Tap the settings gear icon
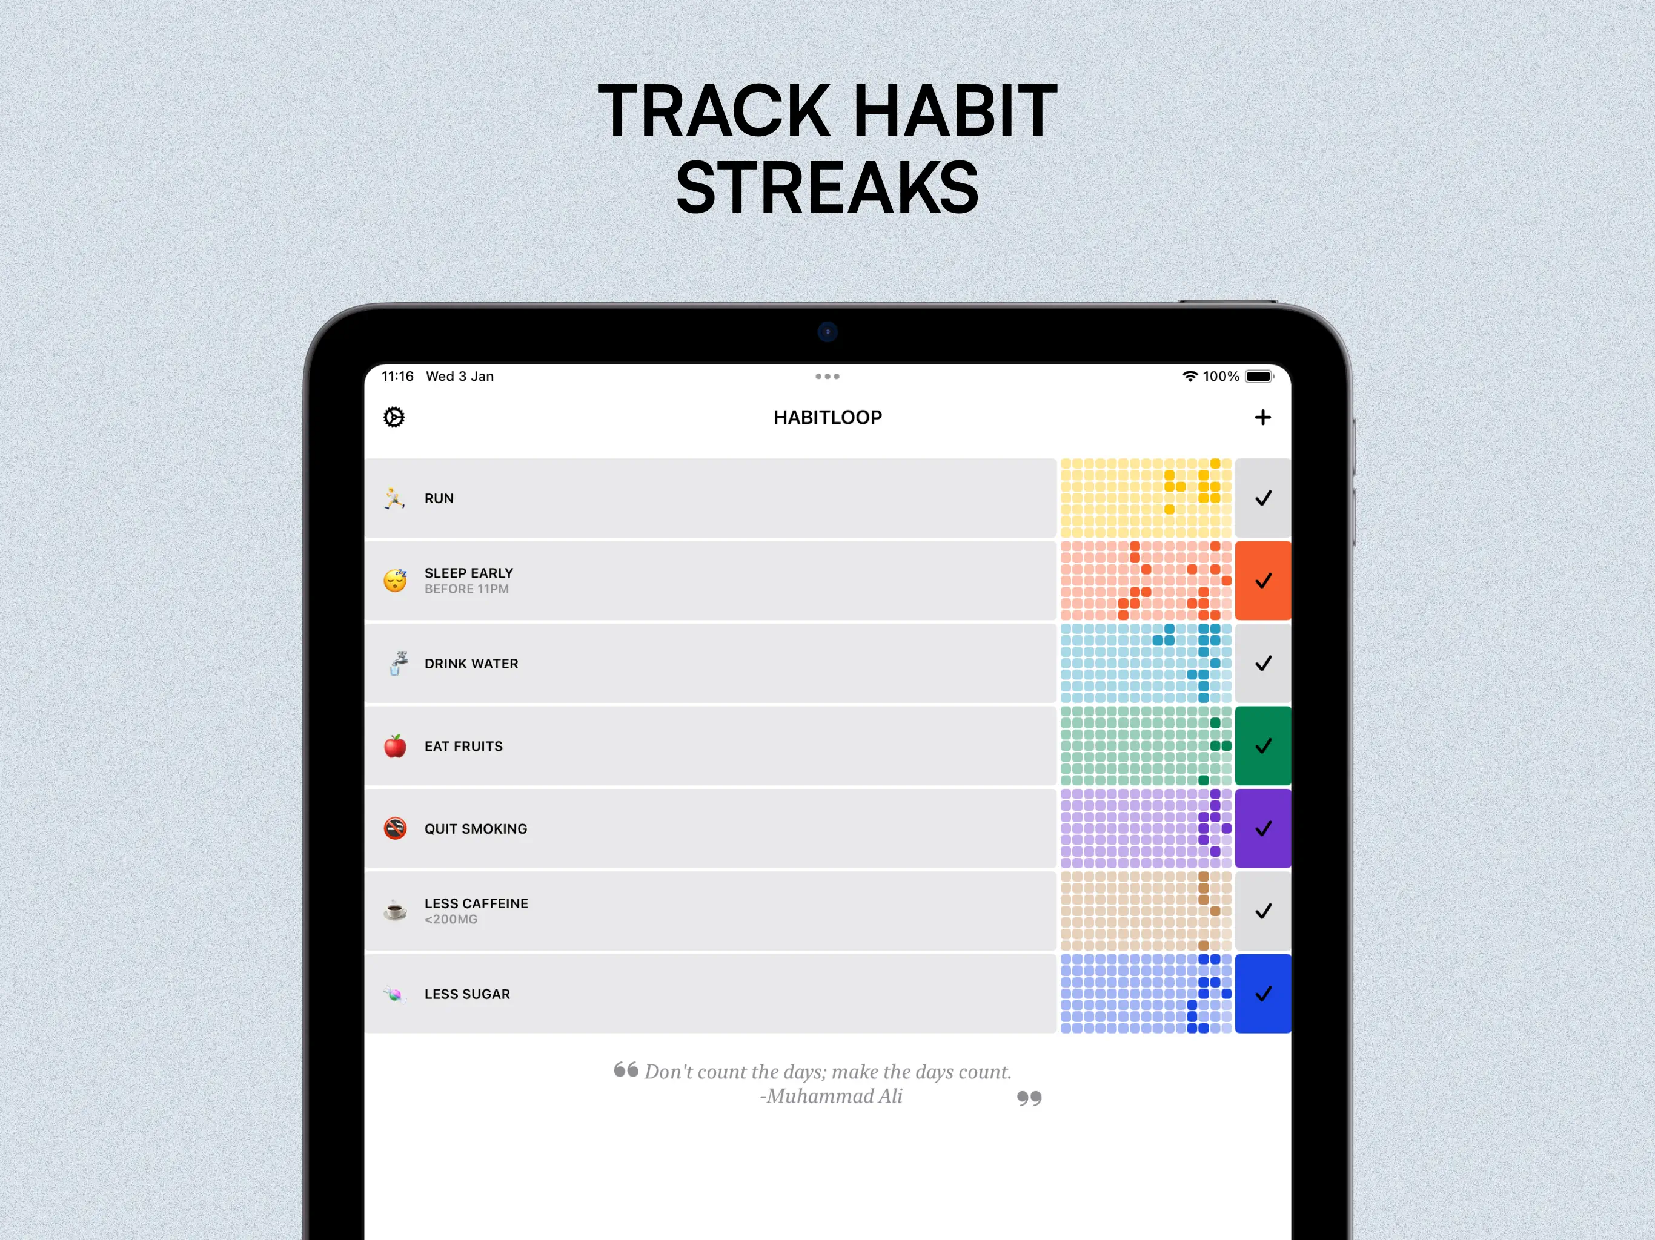[x=394, y=417]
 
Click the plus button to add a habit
[x=1263, y=417]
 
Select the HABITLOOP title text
[x=827, y=417]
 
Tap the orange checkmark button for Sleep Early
[x=1263, y=581]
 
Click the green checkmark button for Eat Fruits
[x=1263, y=746]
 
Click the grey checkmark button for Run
[x=1263, y=498]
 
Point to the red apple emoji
[x=395, y=746]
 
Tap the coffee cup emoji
[x=395, y=911]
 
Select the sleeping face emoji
[x=395, y=581]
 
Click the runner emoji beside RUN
[x=394, y=498]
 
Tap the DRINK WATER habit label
[x=471, y=664]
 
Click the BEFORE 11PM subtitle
[x=467, y=589]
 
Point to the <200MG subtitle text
[x=451, y=920]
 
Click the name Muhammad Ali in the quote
[x=834, y=1097]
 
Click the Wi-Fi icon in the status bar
[x=1190, y=376]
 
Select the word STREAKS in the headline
[x=827, y=187]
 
